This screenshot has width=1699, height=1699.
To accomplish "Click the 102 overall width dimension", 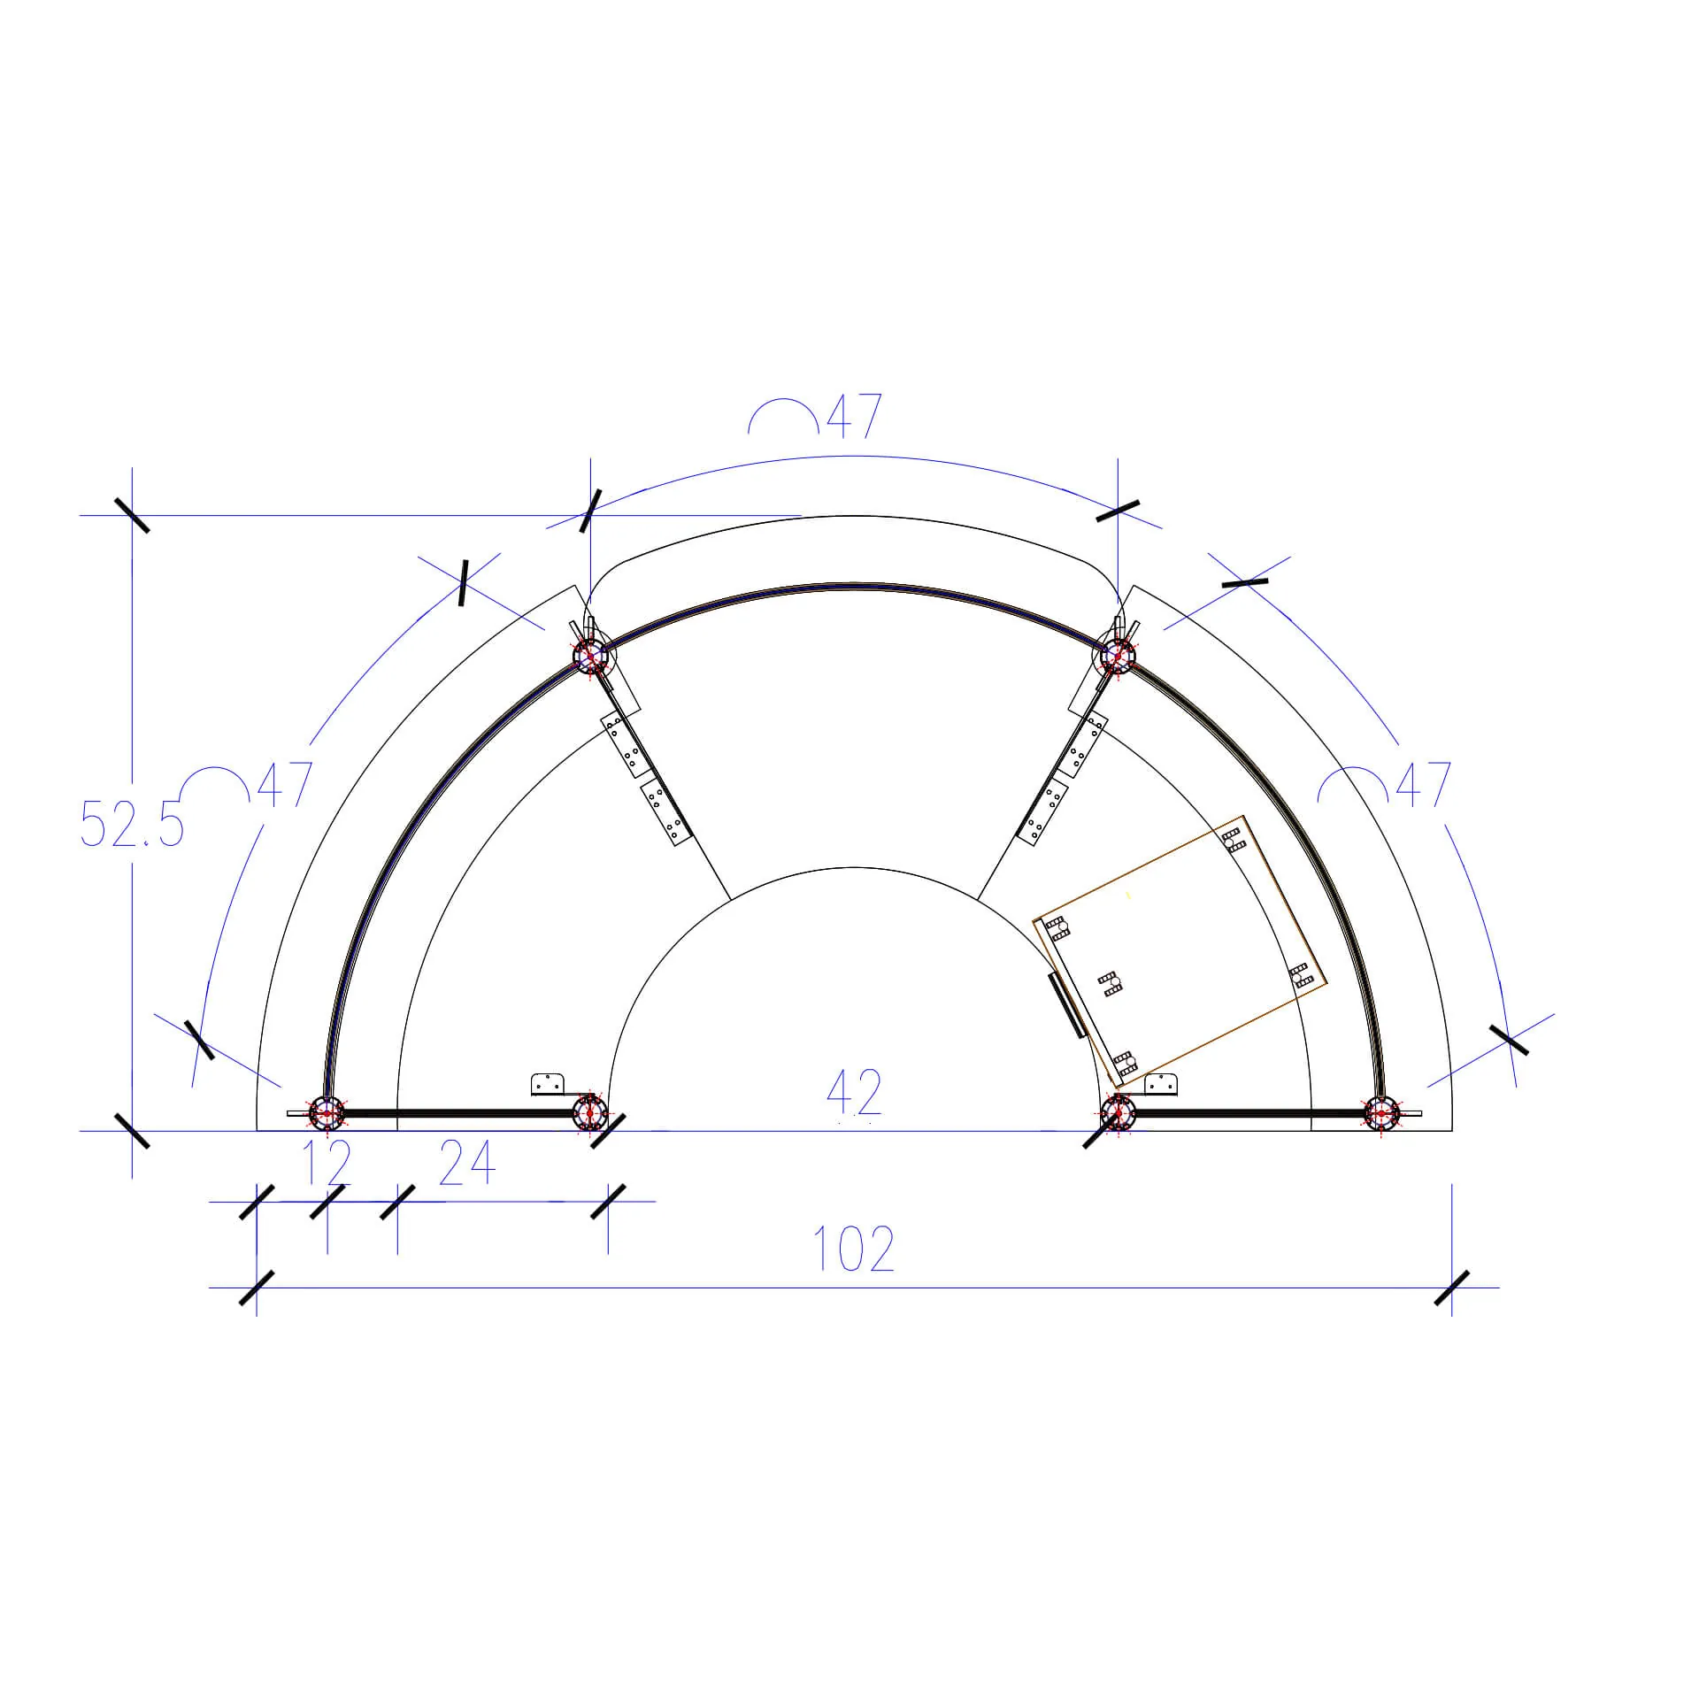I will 853,1249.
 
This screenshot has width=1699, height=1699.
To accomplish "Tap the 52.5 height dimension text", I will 132,824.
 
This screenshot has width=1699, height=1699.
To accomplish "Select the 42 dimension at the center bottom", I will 854,1093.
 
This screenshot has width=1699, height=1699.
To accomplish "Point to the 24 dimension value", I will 466,1164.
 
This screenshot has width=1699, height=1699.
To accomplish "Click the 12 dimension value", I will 327,1164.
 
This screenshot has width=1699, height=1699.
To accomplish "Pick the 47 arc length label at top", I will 854,416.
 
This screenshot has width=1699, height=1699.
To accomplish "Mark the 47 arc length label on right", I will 1423,784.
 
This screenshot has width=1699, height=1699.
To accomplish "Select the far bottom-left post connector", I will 327,1112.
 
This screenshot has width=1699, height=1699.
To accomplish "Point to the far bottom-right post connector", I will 1380,1112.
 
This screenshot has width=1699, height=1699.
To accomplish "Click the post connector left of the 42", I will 589,1112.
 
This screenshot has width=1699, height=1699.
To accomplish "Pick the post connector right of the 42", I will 1119,1112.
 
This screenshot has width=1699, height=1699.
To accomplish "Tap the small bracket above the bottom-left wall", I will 549,1084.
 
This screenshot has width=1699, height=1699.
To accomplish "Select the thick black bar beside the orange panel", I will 1066,1005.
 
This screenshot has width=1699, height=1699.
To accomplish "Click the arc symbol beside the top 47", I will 783,416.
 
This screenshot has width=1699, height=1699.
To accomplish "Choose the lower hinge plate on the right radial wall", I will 1044,811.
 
